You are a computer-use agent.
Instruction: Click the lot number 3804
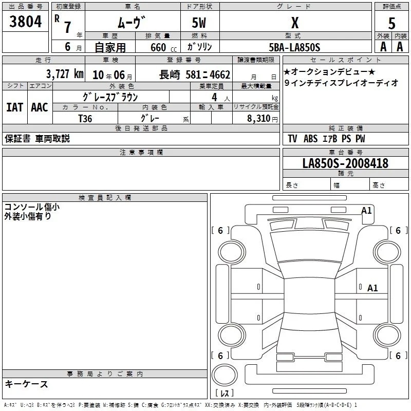tap(25, 21)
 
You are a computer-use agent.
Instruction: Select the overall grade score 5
tap(391, 23)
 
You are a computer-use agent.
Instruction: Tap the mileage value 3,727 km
tap(65, 74)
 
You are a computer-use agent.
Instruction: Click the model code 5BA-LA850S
tap(294, 47)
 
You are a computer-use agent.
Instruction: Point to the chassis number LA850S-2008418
tap(345, 163)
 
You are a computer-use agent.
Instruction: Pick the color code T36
tap(85, 119)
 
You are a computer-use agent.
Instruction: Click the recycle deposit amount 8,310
tap(258, 118)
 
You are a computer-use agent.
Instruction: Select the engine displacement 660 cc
tap(163, 47)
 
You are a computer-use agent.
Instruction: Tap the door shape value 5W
tap(199, 23)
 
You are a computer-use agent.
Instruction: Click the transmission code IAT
tap(15, 107)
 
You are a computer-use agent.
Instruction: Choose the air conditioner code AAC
tap(40, 107)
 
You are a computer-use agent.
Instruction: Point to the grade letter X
tap(295, 23)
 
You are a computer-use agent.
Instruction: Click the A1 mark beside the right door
tap(372, 288)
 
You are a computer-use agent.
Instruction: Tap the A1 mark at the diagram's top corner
tap(366, 211)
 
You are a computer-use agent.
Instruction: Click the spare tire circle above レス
tap(225, 375)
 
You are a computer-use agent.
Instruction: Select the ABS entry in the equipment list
tap(310, 139)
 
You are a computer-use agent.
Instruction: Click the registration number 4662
tap(220, 74)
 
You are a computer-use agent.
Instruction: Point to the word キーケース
tap(27, 384)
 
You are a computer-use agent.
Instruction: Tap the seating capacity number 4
tap(214, 97)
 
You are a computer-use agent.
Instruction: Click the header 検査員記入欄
tap(105, 198)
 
